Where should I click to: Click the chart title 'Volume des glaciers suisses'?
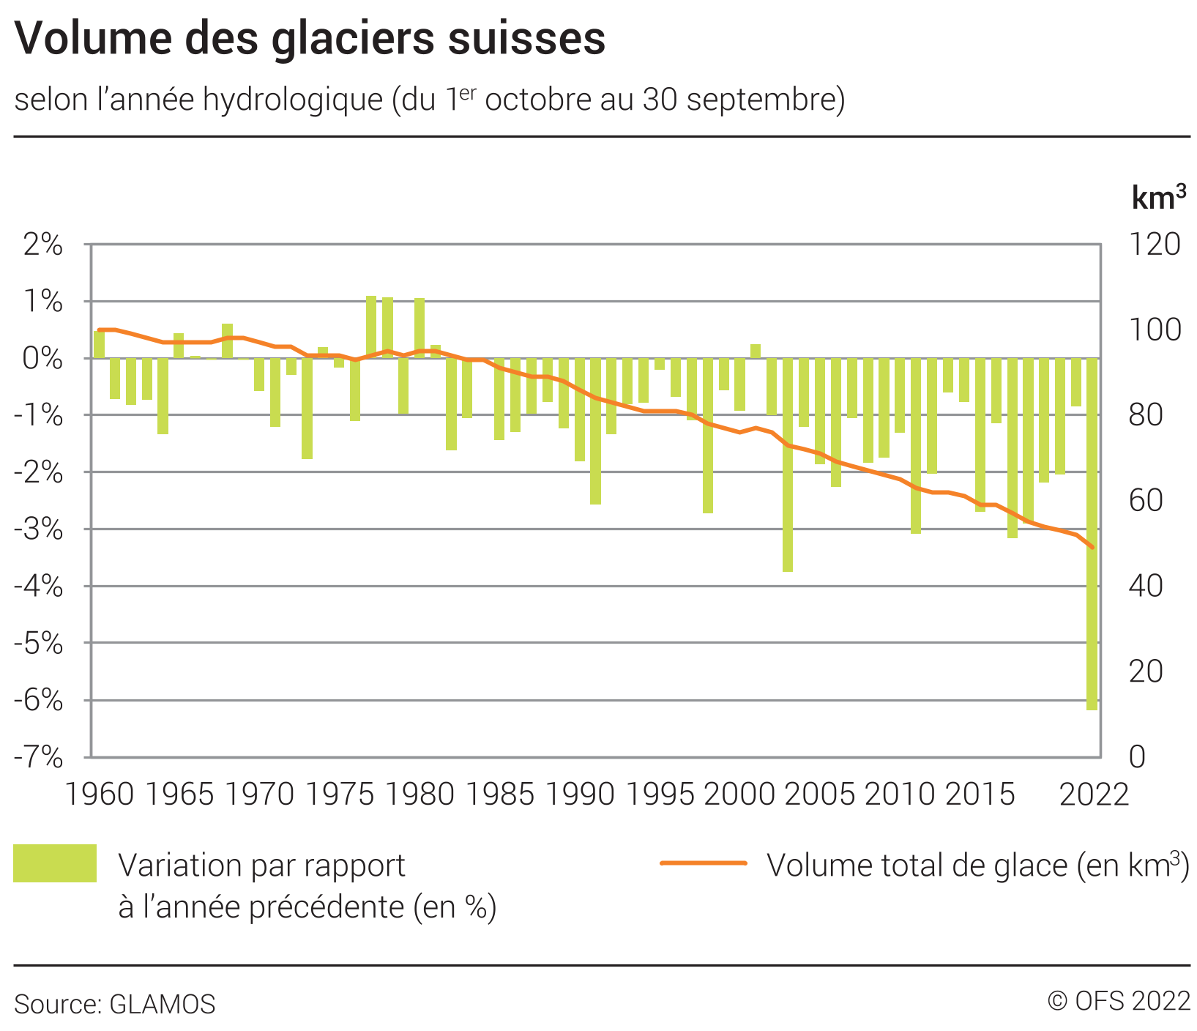[310, 38]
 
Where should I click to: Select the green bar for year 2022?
[1092, 535]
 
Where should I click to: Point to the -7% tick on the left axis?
[39, 757]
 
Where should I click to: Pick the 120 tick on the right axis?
[1155, 245]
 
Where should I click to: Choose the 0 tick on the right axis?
[1136, 757]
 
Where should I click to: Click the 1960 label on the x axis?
[100, 794]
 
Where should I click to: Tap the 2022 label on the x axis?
[1095, 794]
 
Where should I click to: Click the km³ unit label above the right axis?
[1158, 198]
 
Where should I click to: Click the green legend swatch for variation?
[55, 863]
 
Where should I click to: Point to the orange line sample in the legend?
[703, 863]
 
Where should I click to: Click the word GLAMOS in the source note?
[163, 1004]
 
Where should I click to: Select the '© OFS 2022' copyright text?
[1119, 1001]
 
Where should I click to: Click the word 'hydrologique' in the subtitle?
[293, 100]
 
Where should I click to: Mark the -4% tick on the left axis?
[39, 586]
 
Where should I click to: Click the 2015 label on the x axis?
[980, 794]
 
